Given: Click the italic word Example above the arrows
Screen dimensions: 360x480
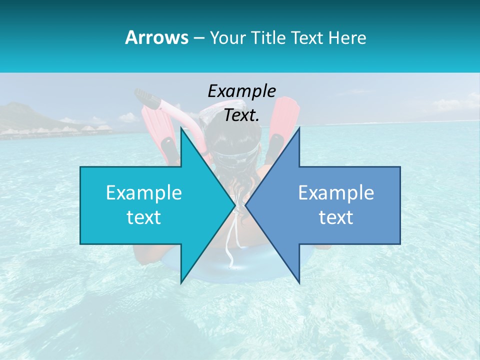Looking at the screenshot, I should [241, 91].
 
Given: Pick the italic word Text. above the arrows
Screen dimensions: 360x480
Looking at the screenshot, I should [241, 115].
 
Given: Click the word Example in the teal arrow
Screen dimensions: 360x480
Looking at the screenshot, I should [144, 193].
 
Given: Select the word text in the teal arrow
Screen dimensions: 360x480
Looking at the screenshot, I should [144, 217].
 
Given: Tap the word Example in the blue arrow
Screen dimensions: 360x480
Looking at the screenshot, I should [336, 193].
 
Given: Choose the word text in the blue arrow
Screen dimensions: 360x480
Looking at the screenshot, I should [336, 217].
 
